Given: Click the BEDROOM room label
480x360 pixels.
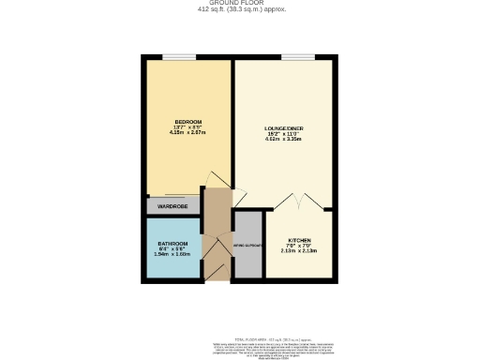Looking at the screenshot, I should [x=188, y=122].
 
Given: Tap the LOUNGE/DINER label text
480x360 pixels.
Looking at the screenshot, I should [x=283, y=127].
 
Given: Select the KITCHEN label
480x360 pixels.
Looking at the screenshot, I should [x=299, y=240].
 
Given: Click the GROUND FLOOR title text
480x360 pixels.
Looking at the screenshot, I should [x=241, y=4].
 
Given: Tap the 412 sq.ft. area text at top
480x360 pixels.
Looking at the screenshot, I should [x=241, y=10].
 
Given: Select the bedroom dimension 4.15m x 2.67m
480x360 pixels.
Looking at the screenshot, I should [x=188, y=133].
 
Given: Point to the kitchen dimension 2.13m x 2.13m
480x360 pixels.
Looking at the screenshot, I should [x=299, y=251].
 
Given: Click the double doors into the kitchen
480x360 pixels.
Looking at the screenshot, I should [x=299, y=201].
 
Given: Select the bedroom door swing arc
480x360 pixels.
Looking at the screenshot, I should [x=214, y=182].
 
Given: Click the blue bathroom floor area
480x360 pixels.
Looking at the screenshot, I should [x=172, y=265].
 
